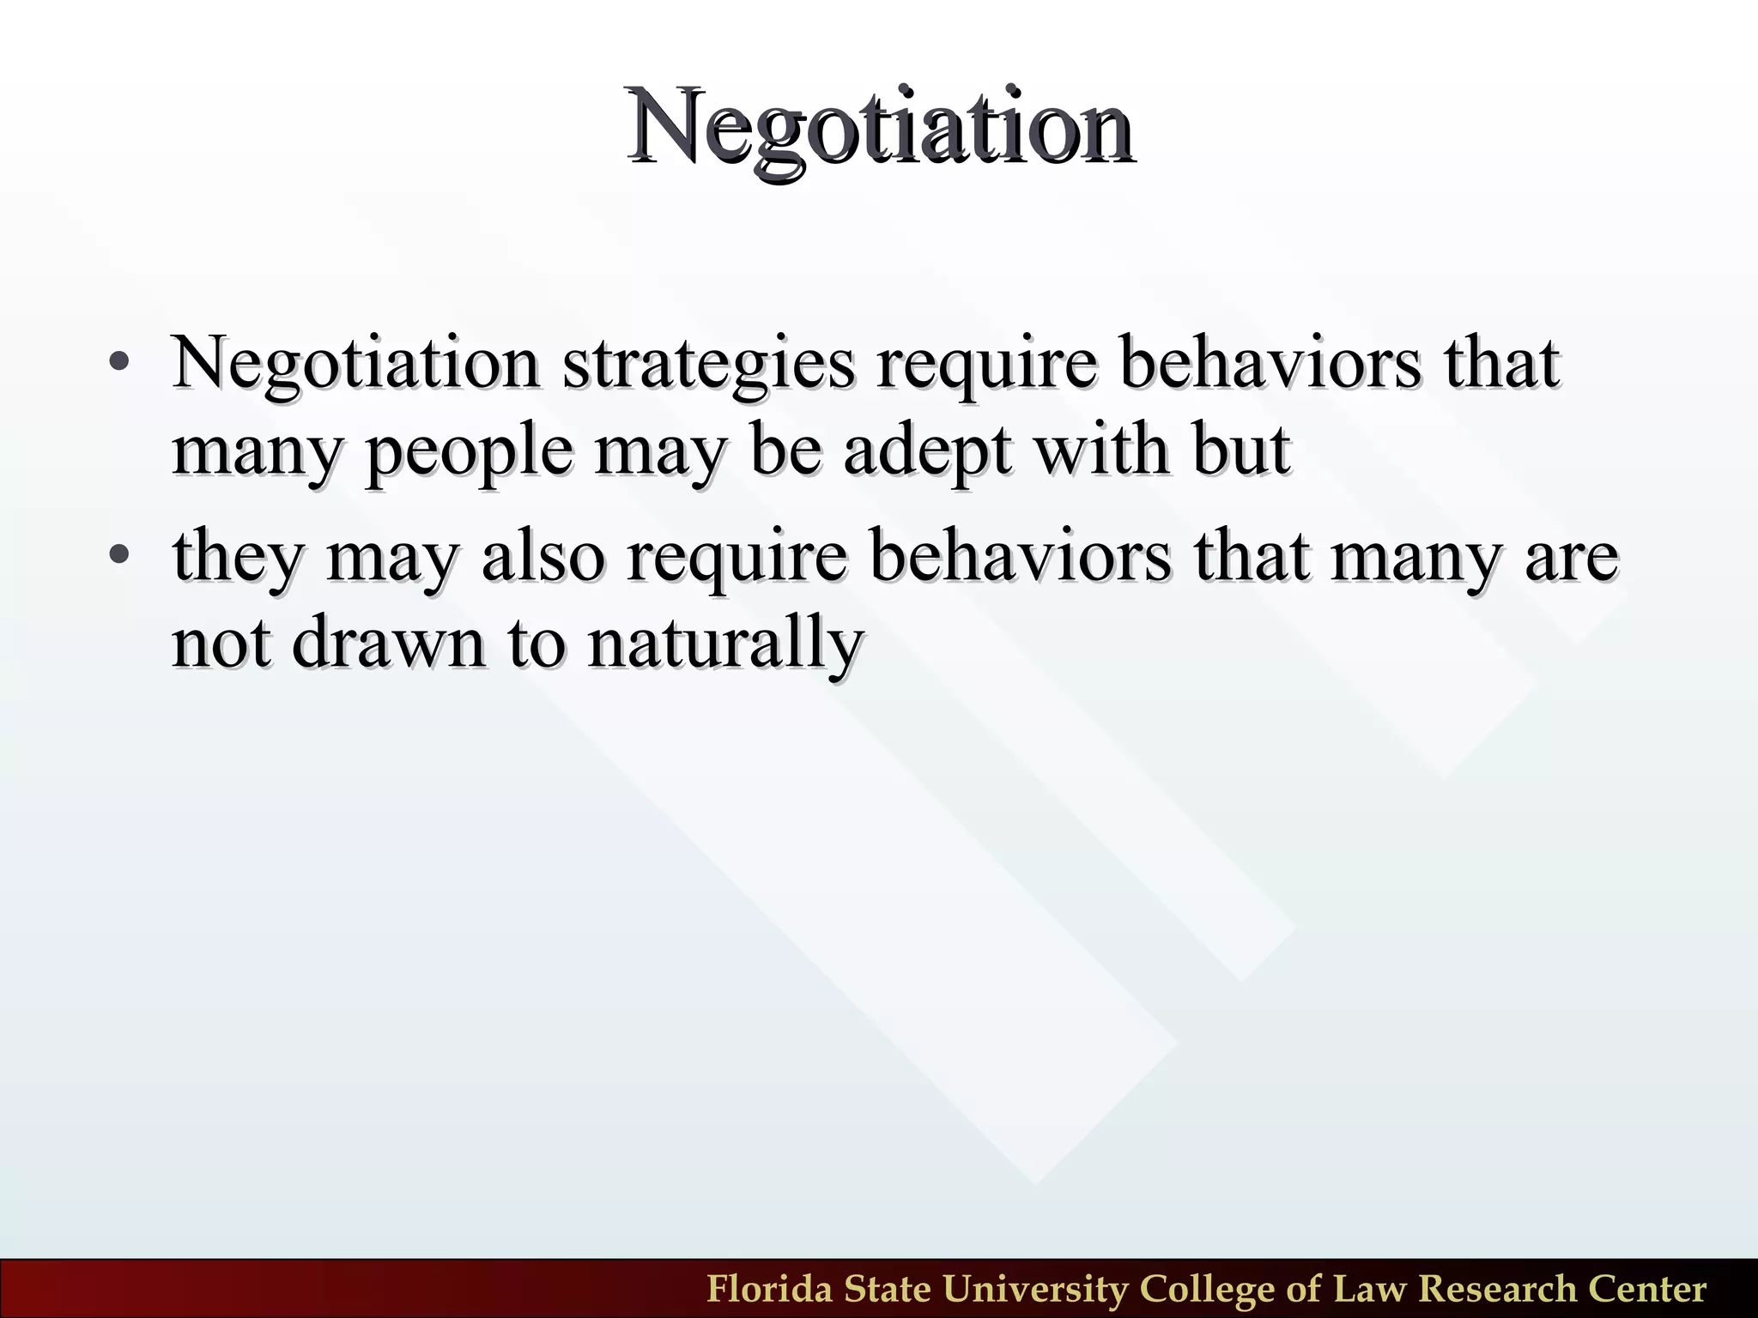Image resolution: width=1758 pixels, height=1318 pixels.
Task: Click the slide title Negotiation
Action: pyautogui.click(x=880, y=127)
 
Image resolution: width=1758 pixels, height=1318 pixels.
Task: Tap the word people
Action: pyautogui.click(x=469, y=452)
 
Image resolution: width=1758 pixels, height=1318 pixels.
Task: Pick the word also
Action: pyautogui.click(x=543, y=556)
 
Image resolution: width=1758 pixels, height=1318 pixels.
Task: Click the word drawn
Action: pyautogui.click(x=388, y=643)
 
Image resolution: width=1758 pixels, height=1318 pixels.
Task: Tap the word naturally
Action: pyautogui.click(x=724, y=644)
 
